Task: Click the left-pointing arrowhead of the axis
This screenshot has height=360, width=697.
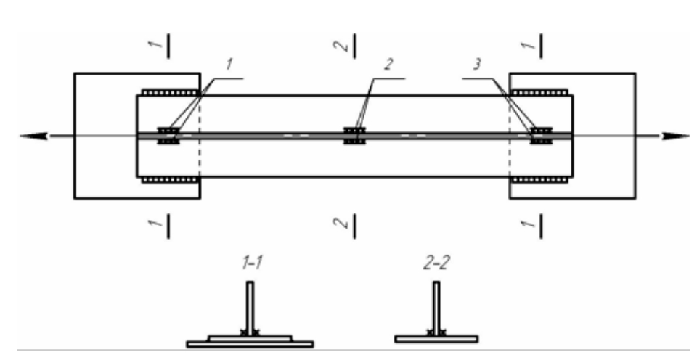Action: pos(33,136)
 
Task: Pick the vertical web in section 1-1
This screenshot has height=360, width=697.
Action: pos(249,308)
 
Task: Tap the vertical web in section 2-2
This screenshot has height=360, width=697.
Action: pos(436,308)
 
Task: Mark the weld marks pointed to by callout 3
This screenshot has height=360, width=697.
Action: pos(541,136)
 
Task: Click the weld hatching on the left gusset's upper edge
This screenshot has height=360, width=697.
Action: pos(169,92)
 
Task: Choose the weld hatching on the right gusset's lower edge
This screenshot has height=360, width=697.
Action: pos(541,179)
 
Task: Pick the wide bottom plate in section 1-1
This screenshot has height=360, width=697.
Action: pos(250,344)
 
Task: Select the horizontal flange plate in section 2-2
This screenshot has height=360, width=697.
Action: pos(436,338)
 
